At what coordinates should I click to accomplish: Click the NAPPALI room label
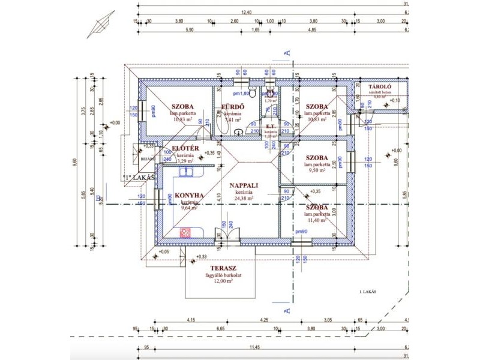(x=244, y=186)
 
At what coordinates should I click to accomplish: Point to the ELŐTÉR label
(x=185, y=148)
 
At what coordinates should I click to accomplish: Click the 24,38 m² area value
(x=244, y=198)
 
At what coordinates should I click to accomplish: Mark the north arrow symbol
(x=100, y=24)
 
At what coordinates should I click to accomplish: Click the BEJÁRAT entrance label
(x=148, y=159)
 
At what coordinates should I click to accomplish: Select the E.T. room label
(x=270, y=127)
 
